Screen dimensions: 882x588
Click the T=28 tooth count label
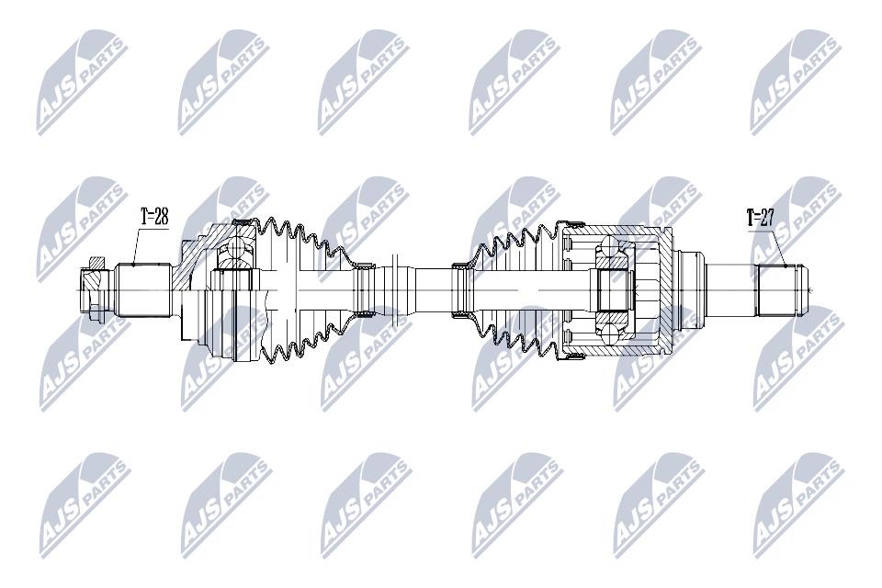pos(154,216)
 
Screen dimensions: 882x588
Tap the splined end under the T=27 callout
pos(775,291)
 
